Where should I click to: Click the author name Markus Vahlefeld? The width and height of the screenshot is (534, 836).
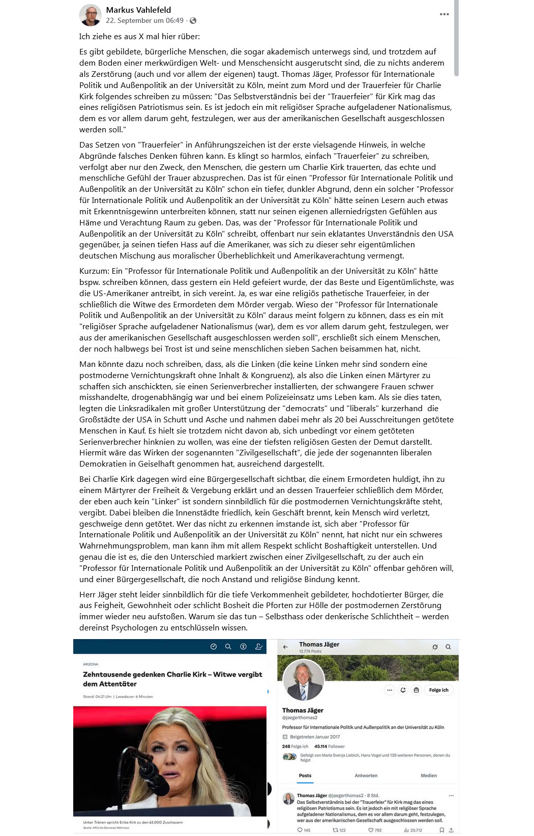[x=138, y=10]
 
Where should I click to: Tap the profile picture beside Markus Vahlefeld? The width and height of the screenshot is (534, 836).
[x=90, y=15]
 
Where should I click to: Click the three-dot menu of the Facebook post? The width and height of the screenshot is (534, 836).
[x=444, y=14]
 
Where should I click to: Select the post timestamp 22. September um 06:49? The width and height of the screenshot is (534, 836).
[x=144, y=20]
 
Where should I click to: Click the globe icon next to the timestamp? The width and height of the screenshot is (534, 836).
[x=193, y=21]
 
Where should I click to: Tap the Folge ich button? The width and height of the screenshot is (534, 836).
[x=438, y=690]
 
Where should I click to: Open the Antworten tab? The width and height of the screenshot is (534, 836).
[x=366, y=775]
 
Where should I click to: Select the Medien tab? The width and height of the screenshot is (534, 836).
[x=429, y=775]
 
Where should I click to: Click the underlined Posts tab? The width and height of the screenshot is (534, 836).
[x=305, y=775]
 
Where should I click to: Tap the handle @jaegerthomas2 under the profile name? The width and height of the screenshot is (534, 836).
[x=300, y=717]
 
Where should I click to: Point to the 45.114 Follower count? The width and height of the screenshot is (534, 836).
[x=329, y=746]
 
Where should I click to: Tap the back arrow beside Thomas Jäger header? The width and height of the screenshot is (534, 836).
[x=285, y=647]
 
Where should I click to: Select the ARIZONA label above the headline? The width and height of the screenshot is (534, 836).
[x=91, y=664]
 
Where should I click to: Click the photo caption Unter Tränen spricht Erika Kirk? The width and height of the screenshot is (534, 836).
[x=133, y=822]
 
